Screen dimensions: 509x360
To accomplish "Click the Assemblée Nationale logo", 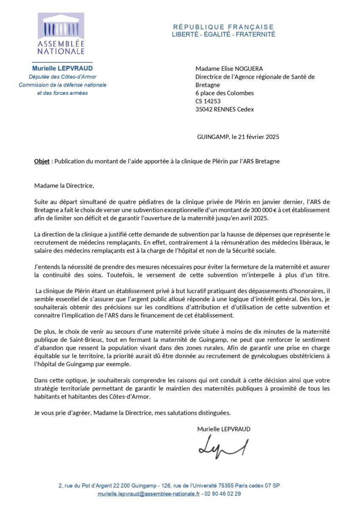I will (x=61, y=34).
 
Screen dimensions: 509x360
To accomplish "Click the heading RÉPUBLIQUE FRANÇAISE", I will (x=223, y=27).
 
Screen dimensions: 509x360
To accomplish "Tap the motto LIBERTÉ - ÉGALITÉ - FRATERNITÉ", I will (x=223, y=34).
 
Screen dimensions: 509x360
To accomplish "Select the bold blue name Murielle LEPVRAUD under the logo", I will (x=62, y=68).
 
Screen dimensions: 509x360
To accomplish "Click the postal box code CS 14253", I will (x=208, y=101).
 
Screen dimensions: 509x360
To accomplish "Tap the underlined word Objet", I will (x=42, y=162).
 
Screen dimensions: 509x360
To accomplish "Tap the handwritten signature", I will (x=223, y=447).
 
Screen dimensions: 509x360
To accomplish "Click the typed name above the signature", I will (x=223, y=429).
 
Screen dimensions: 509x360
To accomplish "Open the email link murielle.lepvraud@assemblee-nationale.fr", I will (x=148, y=494).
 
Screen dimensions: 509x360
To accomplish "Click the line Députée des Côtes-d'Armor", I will (x=62, y=77).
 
